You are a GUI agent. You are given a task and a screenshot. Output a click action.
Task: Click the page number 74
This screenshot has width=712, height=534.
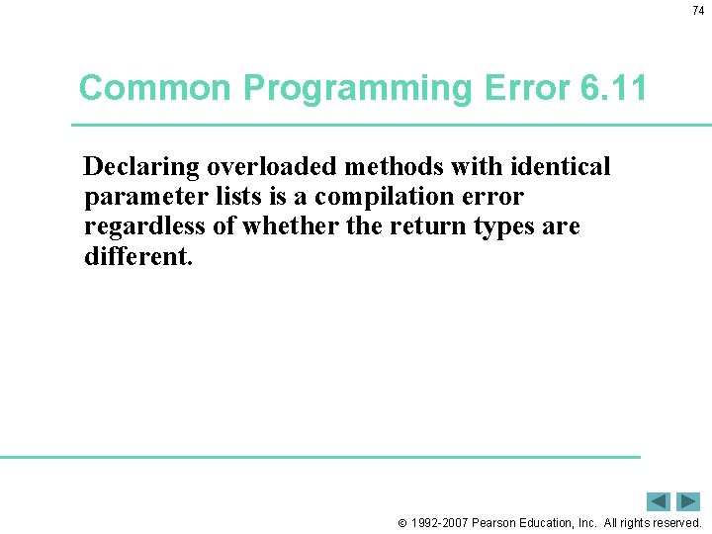click(x=698, y=10)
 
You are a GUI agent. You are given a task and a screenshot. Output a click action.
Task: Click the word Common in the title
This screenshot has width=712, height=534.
click(x=156, y=88)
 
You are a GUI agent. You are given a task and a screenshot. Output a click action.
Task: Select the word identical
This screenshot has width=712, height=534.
click(x=562, y=166)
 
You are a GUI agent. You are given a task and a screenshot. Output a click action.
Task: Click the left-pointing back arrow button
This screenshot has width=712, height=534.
click(x=659, y=501)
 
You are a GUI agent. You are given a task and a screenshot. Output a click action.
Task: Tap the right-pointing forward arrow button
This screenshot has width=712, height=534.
click(x=688, y=501)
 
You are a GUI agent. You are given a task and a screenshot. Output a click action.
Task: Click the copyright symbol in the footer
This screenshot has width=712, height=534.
click(x=402, y=522)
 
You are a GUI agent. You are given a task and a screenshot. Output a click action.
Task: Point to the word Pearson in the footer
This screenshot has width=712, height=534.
click(x=498, y=522)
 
